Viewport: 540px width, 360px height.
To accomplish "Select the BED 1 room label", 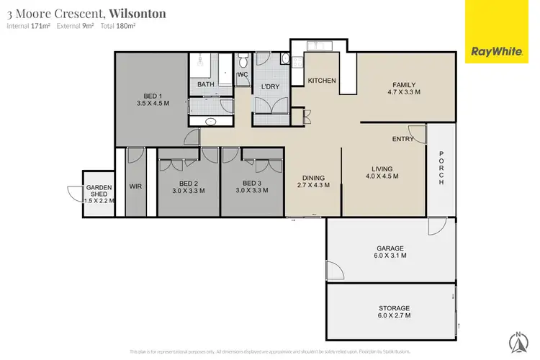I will [152, 98].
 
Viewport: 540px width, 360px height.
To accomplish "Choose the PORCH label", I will [441, 172].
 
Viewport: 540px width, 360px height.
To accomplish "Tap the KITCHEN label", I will [322, 81].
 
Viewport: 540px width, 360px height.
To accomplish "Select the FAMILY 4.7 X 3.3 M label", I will [403, 89].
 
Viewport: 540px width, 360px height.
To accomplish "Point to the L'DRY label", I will [270, 88].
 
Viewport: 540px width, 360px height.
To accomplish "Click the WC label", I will [243, 74].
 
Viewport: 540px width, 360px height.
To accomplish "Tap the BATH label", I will [206, 85].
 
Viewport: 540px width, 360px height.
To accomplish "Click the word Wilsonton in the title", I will [138, 14].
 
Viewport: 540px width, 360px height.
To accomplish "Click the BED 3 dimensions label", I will [251, 191].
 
